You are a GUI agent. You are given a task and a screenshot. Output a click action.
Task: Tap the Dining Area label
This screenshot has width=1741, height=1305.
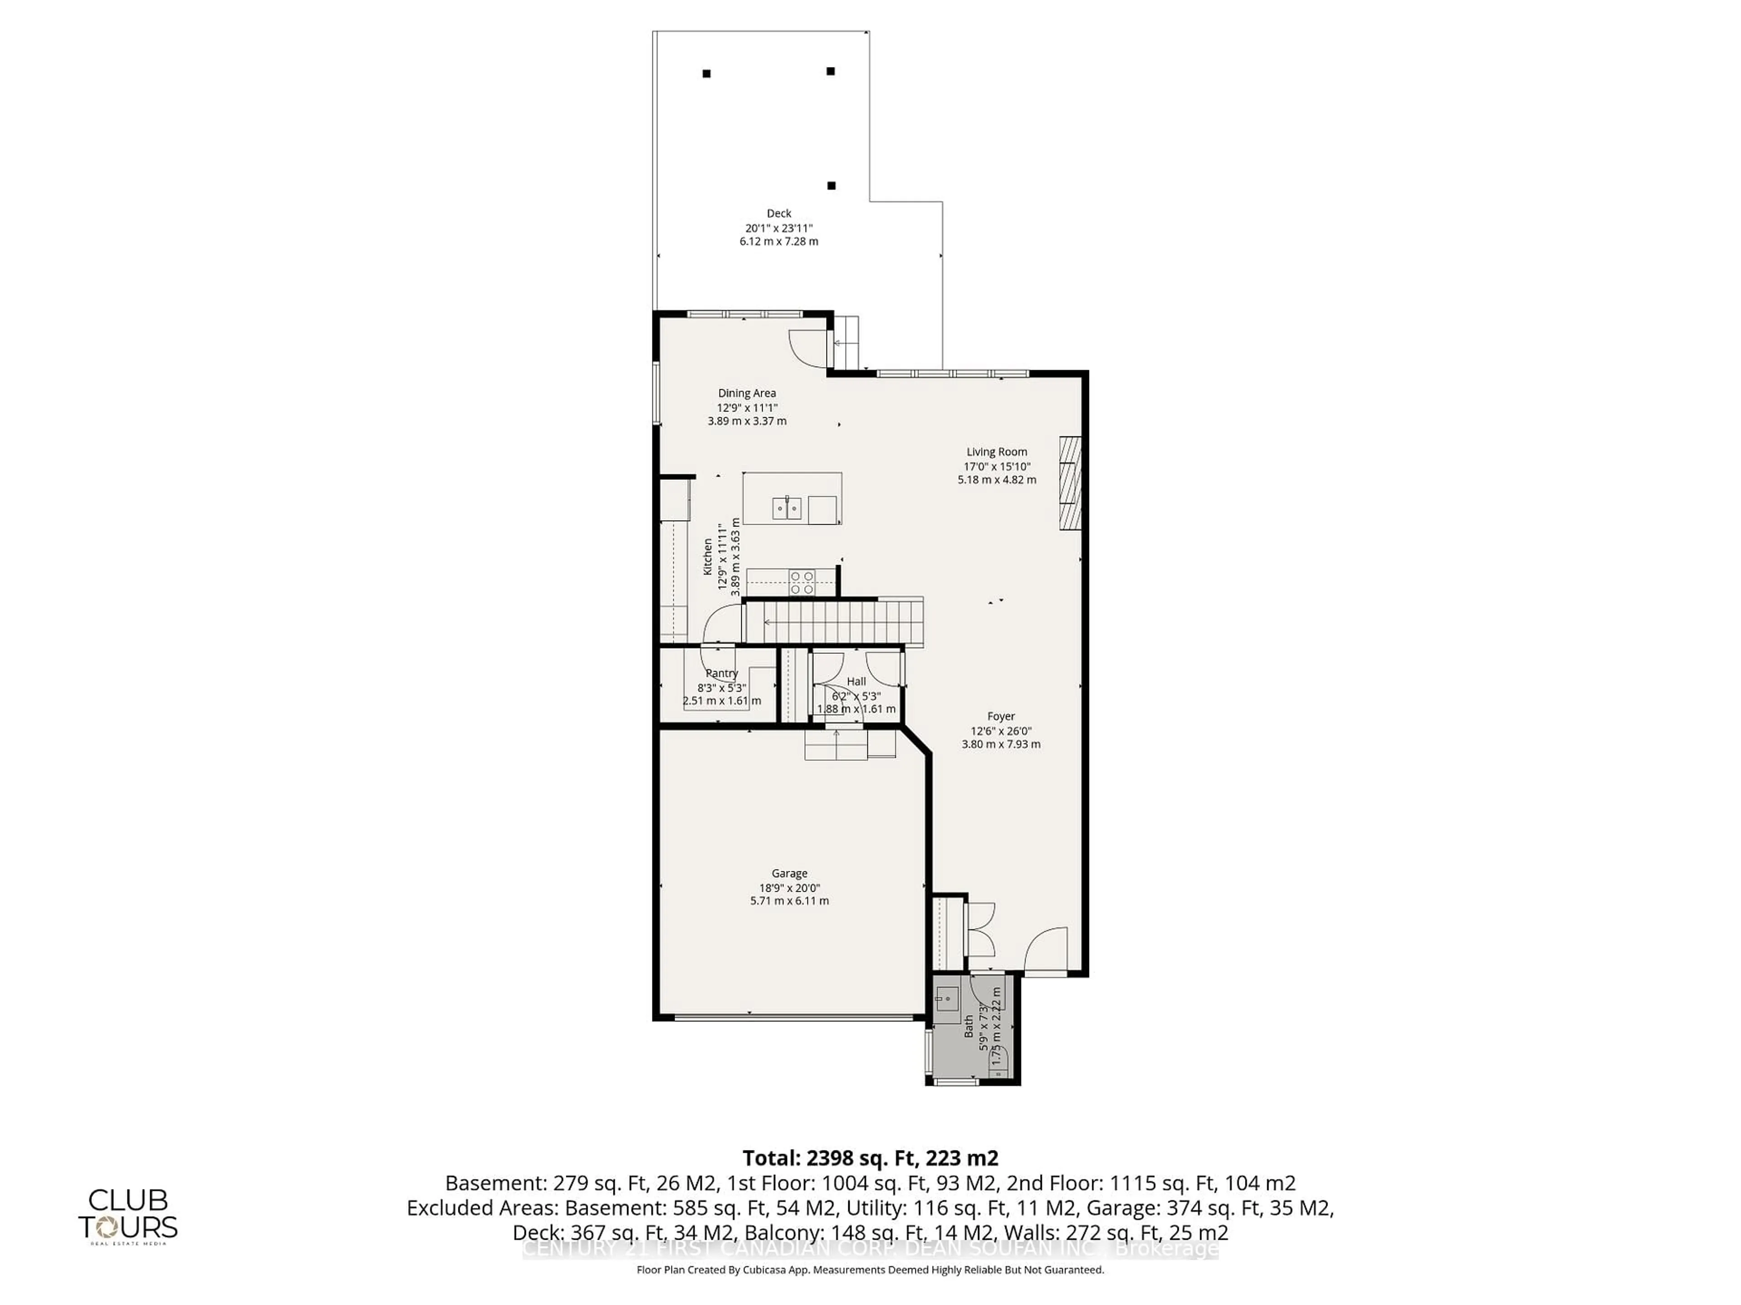click(x=746, y=393)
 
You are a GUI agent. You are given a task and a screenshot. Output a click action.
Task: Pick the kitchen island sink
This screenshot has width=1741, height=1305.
click(x=786, y=508)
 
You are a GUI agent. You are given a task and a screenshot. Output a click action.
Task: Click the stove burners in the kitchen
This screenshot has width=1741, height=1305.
click(x=802, y=583)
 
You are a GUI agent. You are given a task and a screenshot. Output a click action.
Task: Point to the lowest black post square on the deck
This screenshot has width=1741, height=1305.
click(x=831, y=186)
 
